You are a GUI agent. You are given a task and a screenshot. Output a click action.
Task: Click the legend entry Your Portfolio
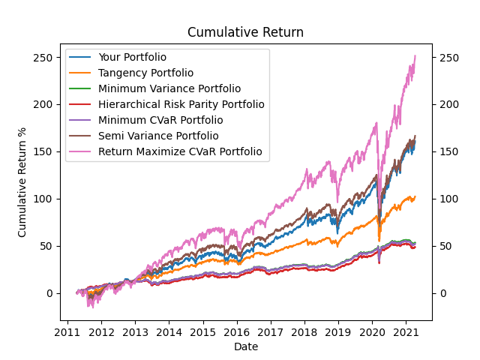(132, 57)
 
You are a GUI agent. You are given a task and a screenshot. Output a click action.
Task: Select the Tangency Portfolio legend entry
(145, 73)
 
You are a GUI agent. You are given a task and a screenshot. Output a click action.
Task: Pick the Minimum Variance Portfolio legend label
(169, 88)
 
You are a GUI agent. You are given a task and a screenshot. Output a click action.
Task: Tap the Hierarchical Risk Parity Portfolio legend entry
(181, 104)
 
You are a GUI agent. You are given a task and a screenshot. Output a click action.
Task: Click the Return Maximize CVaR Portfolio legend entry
(180, 151)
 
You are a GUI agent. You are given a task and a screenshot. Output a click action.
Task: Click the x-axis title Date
(246, 346)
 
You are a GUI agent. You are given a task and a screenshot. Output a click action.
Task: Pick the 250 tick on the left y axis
(46, 57)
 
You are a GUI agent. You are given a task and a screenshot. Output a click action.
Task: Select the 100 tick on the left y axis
(46, 199)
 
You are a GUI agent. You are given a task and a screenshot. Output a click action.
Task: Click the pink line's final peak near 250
(415, 55)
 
